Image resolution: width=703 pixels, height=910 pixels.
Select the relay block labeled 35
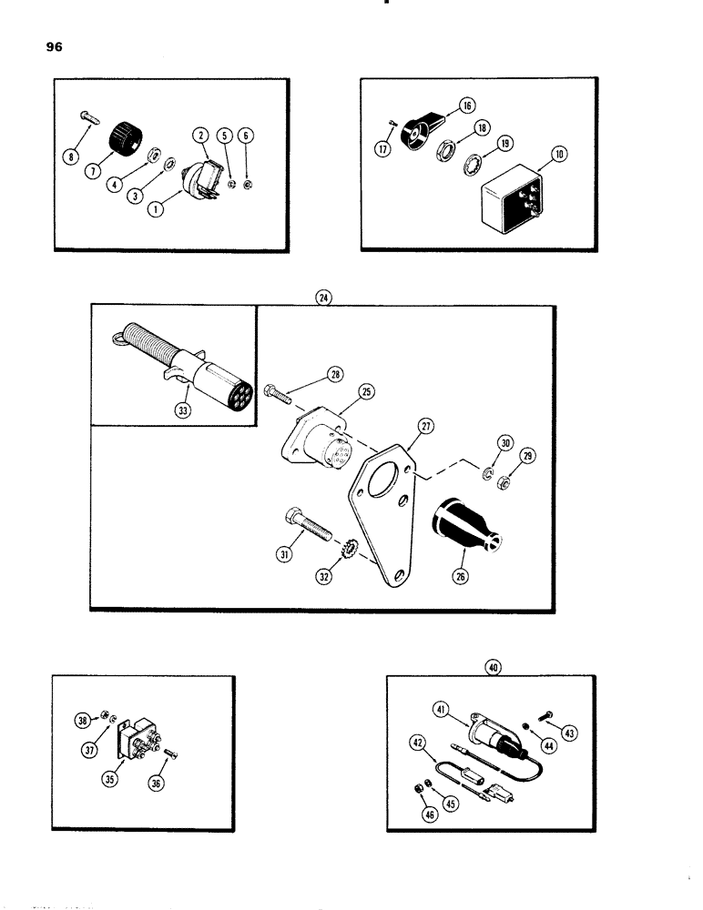click(145, 747)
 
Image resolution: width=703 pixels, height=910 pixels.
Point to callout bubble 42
click(418, 744)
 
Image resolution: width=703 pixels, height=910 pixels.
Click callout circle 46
click(430, 816)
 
